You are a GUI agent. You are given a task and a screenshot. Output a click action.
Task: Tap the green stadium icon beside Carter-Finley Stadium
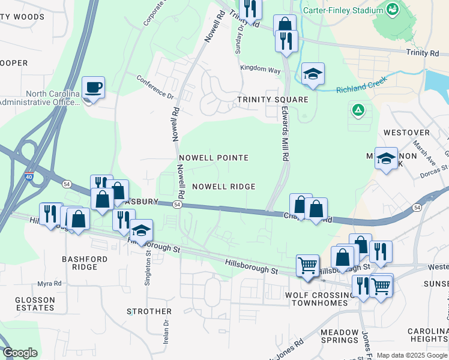tap(393, 10)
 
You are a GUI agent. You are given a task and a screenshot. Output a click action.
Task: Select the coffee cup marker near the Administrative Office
tap(93, 88)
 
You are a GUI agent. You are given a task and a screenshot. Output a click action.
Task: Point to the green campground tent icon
tap(358, 110)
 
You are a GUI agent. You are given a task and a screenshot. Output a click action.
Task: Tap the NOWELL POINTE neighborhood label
tap(214, 158)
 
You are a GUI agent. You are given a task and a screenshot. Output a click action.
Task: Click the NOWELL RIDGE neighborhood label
tap(224, 187)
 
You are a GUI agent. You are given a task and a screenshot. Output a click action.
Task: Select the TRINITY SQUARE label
tap(273, 100)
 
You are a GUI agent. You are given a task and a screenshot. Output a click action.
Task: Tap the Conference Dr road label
tap(154, 86)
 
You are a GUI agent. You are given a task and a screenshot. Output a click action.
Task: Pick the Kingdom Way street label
tap(261, 70)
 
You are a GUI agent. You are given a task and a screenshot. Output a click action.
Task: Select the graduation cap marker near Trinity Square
tap(313, 74)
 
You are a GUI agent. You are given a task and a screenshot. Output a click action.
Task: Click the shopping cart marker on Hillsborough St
tap(308, 265)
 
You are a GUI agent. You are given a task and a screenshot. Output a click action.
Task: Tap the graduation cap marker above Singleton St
tap(141, 230)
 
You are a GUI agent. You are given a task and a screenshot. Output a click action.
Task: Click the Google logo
tap(20, 353)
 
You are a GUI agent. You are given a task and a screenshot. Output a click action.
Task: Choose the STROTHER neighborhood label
tap(149, 311)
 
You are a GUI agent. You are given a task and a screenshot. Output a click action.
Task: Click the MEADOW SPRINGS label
tap(340, 336)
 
